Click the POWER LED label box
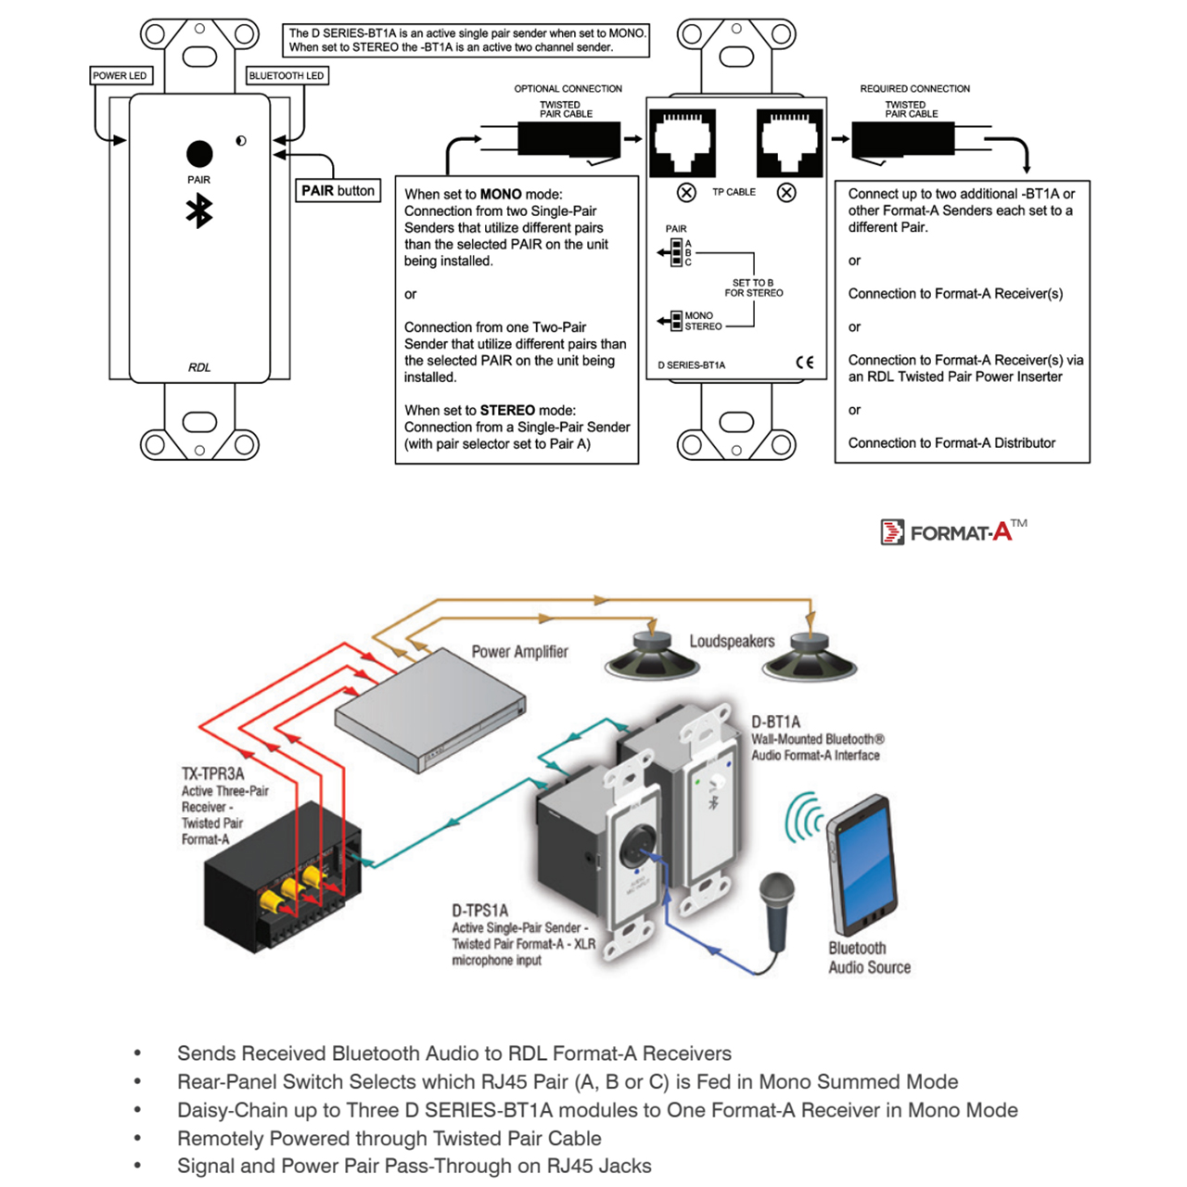(120, 76)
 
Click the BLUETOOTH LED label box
(287, 76)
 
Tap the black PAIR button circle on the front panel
(199, 154)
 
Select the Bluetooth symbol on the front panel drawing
(199, 211)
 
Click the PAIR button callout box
(338, 191)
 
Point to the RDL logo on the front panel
(199, 367)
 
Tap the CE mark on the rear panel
(805, 363)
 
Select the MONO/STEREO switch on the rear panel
(676, 321)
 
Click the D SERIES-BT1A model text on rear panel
(692, 365)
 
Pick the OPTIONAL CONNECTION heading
(568, 89)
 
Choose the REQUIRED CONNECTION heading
(914, 89)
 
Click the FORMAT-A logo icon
(892, 532)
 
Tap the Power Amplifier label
(519, 652)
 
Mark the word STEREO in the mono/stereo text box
(507, 411)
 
